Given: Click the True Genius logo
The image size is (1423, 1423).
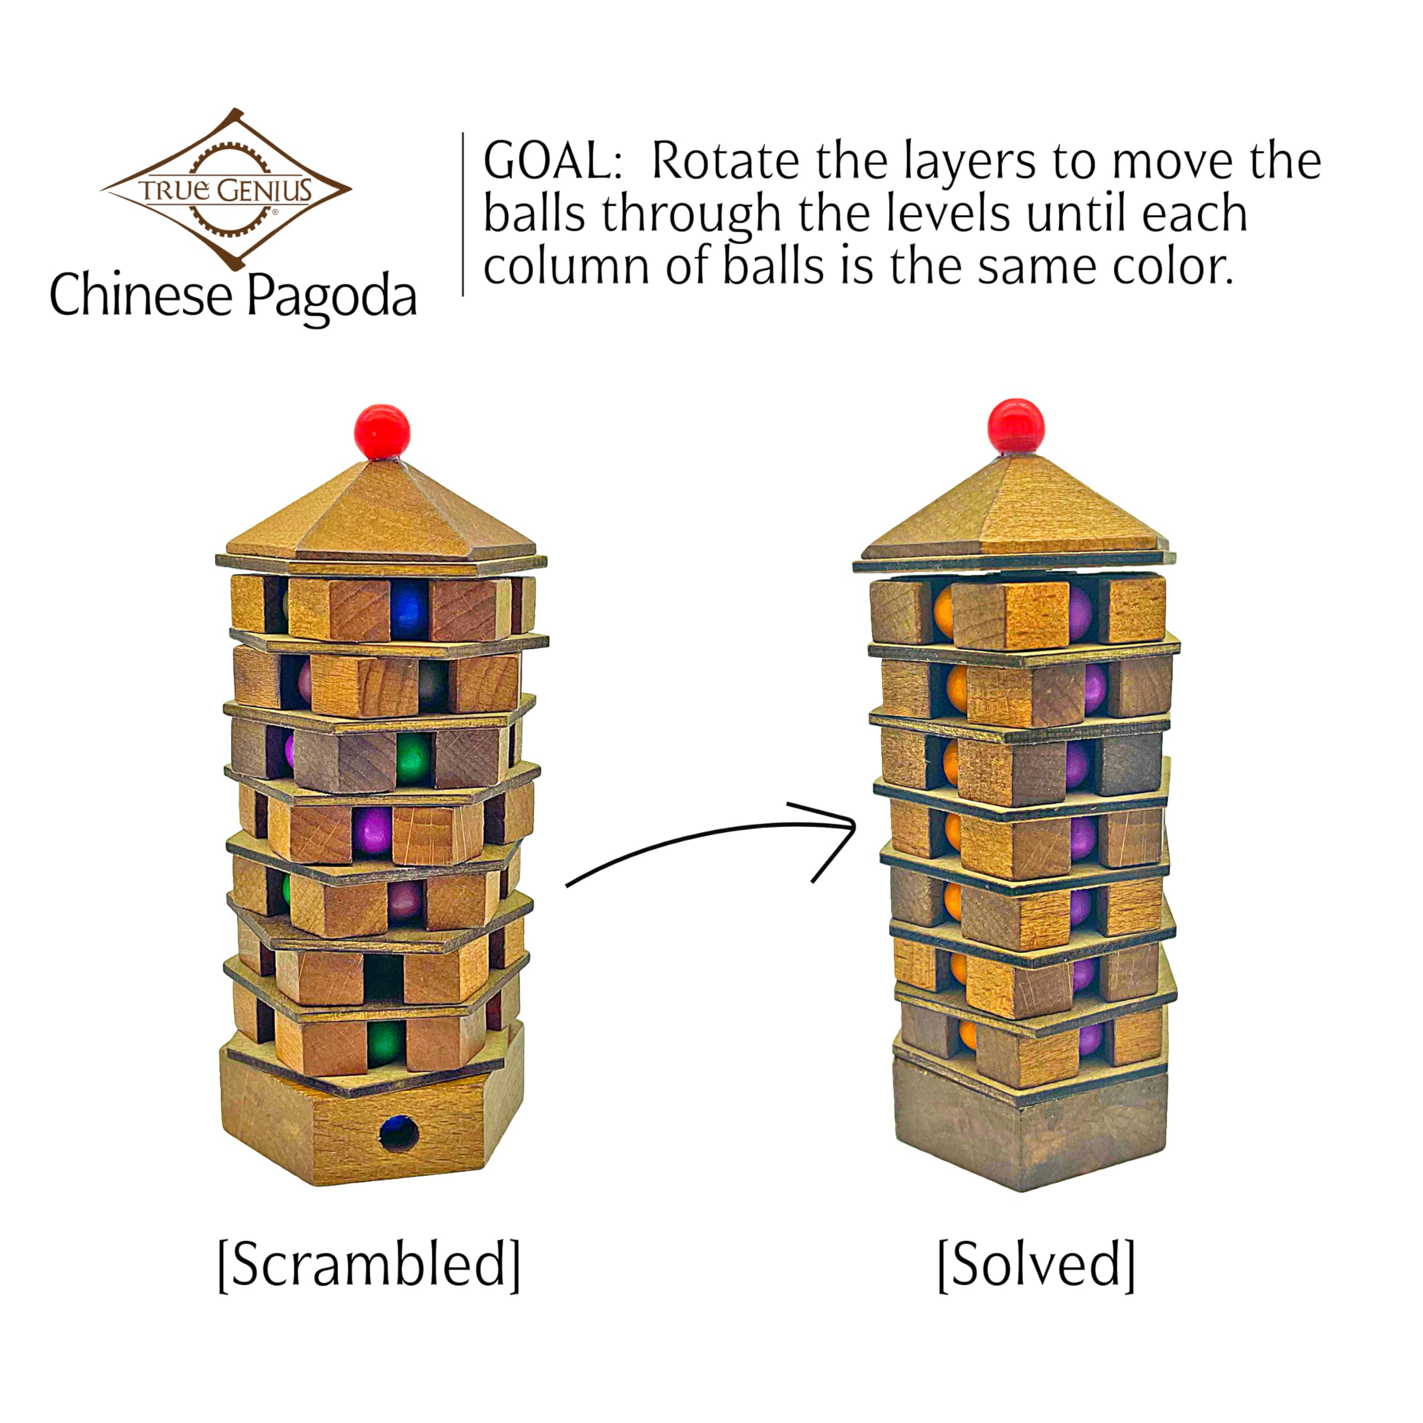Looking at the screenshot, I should click(x=226, y=188).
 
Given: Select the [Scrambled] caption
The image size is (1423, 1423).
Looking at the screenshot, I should click(x=369, y=1264).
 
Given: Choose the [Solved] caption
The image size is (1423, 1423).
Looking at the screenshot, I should click(x=1036, y=1264).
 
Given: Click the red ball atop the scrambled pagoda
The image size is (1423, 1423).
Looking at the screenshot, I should click(x=381, y=431).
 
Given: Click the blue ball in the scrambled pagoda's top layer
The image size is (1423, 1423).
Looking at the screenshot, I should click(x=409, y=610).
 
